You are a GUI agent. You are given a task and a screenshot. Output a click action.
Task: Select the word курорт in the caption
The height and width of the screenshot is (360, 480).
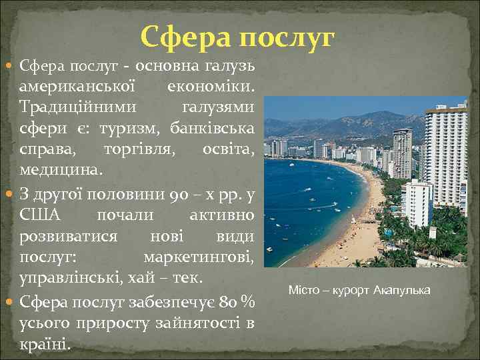(350, 291)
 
